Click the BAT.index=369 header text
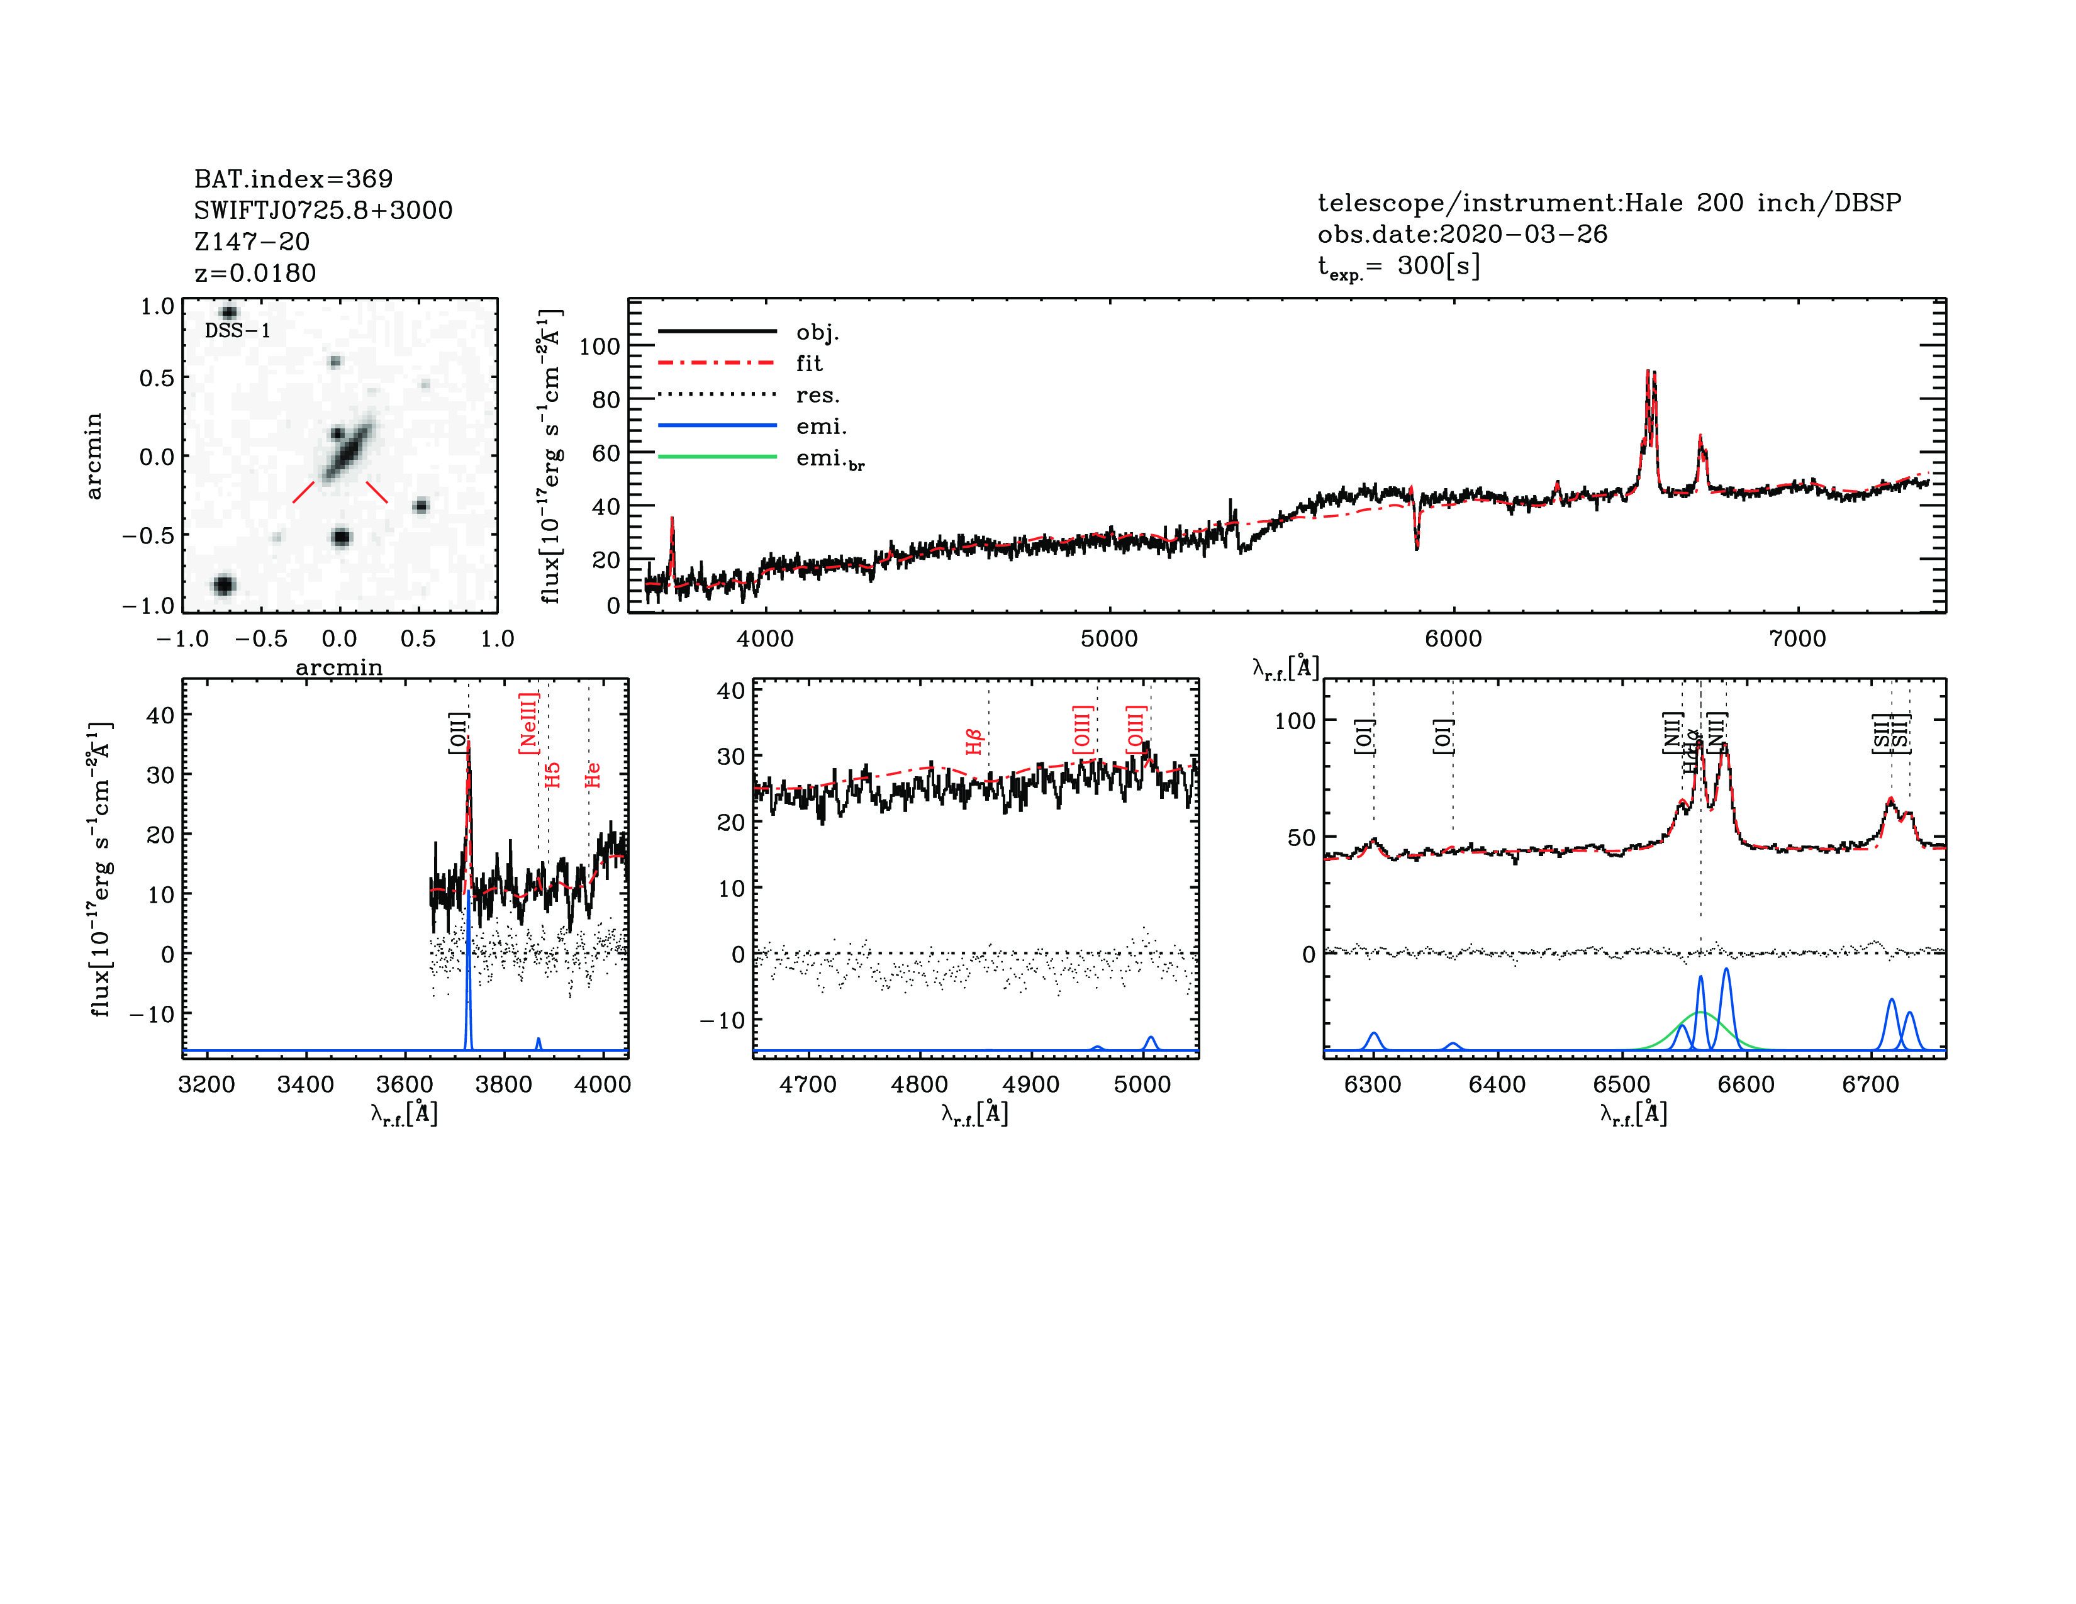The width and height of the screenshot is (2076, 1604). pos(293,179)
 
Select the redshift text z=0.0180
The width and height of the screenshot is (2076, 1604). pos(255,273)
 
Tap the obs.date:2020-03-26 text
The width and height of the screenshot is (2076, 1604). pos(1462,234)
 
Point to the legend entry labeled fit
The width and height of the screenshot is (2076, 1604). pos(809,363)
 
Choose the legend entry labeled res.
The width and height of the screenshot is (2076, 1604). pos(817,394)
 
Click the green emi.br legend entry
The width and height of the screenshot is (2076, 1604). pos(829,459)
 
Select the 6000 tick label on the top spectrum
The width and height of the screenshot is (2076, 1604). pos(1453,638)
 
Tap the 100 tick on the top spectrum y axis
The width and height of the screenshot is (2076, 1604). pos(599,347)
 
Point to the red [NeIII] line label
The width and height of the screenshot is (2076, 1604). pos(528,723)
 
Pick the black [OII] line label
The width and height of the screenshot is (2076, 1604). pos(457,733)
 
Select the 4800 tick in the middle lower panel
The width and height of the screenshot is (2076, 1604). pos(919,1084)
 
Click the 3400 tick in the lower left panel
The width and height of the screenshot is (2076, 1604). pos(305,1084)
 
